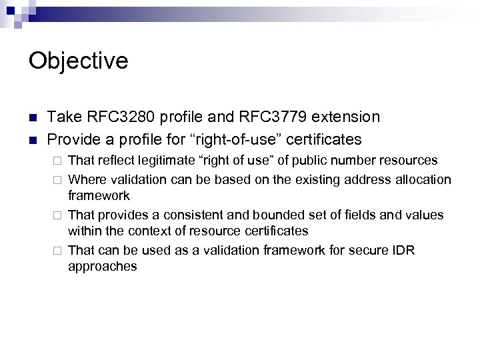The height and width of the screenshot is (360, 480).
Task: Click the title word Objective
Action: [x=79, y=61]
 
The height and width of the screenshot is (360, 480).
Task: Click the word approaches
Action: [x=103, y=266]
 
